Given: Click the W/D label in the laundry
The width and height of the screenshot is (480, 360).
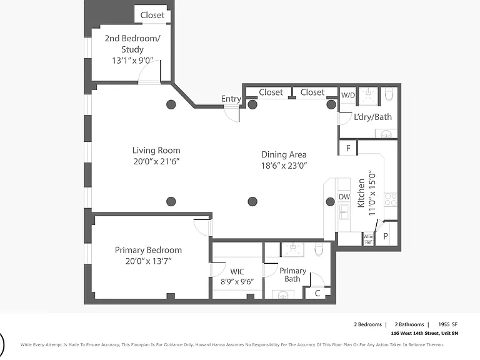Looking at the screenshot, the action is (x=348, y=95).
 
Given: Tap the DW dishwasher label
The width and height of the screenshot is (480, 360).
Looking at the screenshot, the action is (x=344, y=197).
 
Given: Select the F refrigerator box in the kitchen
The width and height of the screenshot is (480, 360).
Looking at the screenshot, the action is (x=348, y=148).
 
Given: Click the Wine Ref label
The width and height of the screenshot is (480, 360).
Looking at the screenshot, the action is (x=368, y=239).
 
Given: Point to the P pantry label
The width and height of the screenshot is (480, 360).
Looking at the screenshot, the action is (x=386, y=236).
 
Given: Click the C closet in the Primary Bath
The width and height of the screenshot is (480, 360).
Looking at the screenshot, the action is (x=317, y=293).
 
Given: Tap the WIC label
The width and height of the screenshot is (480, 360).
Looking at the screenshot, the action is (x=237, y=271).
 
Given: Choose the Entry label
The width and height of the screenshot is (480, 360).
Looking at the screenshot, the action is (x=231, y=99).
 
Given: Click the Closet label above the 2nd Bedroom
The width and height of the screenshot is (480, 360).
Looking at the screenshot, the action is (x=152, y=15).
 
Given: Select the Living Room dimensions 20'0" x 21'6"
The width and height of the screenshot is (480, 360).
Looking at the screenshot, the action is (x=156, y=161).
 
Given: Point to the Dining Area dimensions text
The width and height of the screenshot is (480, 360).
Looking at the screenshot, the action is (x=284, y=166).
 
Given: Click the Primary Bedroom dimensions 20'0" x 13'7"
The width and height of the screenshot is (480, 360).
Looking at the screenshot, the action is (x=148, y=261).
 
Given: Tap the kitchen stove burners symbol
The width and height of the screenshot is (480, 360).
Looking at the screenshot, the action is (x=391, y=199).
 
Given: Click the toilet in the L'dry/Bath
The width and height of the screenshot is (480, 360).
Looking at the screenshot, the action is (x=389, y=94).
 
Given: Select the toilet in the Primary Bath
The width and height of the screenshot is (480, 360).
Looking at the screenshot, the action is (x=319, y=249).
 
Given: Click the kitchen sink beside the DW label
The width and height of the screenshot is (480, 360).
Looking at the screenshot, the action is (x=344, y=212).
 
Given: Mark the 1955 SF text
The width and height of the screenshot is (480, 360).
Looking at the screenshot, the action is (x=448, y=324).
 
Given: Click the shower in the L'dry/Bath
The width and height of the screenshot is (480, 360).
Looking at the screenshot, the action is (x=369, y=96).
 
